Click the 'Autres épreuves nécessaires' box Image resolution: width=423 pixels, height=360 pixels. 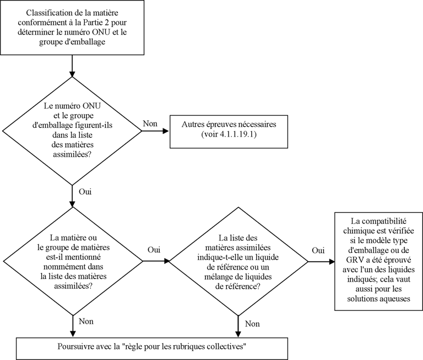(x=229, y=132)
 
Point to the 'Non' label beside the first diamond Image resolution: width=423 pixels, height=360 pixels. (x=150, y=123)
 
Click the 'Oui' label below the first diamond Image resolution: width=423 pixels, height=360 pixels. (x=85, y=192)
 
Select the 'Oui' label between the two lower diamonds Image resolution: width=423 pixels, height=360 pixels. (x=154, y=250)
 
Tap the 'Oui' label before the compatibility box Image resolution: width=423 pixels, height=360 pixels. (x=318, y=250)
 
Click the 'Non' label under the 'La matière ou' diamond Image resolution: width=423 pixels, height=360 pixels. (x=86, y=321)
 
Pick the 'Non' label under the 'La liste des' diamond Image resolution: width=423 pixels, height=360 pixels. (x=252, y=324)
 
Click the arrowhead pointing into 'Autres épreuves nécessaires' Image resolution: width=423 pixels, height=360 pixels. (x=166, y=131)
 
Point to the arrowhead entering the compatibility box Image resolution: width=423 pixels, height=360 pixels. (x=331, y=262)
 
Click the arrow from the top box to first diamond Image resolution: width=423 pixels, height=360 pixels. (x=72, y=66)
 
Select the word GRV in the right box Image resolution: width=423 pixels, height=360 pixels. (x=353, y=260)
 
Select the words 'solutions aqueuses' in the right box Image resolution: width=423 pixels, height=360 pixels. (x=379, y=299)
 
